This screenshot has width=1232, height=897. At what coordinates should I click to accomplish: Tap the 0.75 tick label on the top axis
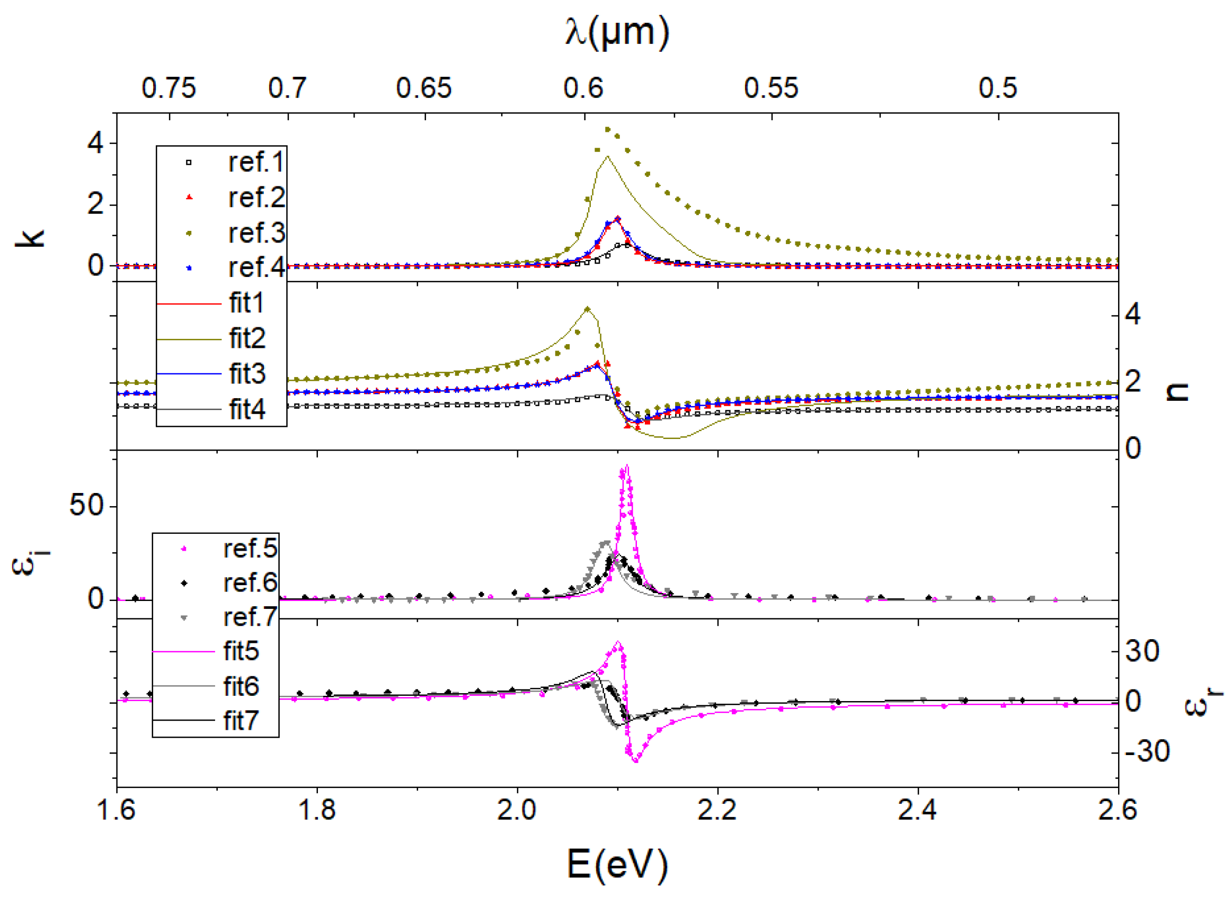[x=169, y=88]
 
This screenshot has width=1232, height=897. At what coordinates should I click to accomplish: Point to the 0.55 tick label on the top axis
[x=771, y=88]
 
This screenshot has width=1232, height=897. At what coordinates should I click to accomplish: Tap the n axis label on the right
[x=1177, y=391]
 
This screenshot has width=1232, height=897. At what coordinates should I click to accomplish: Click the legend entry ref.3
[x=256, y=233]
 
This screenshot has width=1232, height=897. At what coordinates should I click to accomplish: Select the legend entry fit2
[x=247, y=339]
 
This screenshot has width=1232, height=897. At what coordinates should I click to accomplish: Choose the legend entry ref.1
[x=256, y=163]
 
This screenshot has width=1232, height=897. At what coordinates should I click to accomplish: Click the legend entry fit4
[x=247, y=409]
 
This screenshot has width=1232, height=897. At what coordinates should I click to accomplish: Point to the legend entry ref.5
[x=250, y=549]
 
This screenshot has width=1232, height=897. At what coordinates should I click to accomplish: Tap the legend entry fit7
[x=241, y=721]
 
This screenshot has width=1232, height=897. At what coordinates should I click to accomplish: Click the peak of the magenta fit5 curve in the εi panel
[x=627, y=465]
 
